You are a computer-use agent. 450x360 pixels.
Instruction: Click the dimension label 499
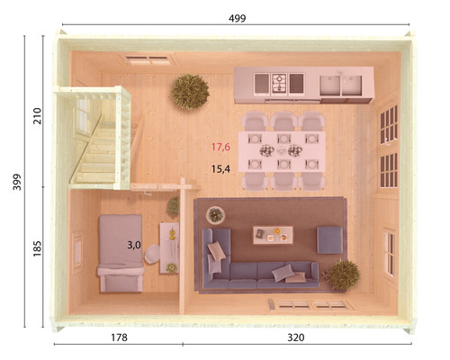(x=238, y=18)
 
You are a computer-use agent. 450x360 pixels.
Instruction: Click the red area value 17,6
(x=221, y=147)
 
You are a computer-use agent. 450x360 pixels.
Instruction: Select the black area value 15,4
(x=221, y=168)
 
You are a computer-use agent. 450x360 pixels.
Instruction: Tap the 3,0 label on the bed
(x=133, y=244)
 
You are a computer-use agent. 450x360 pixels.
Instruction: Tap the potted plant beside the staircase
(x=190, y=90)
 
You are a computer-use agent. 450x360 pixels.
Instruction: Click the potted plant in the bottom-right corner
(x=343, y=274)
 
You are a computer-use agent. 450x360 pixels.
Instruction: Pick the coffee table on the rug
(x=273, y=234)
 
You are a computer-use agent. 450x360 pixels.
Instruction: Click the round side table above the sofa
(x=216, y=214)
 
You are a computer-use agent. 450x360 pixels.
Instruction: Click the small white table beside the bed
(x=169, y=245)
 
